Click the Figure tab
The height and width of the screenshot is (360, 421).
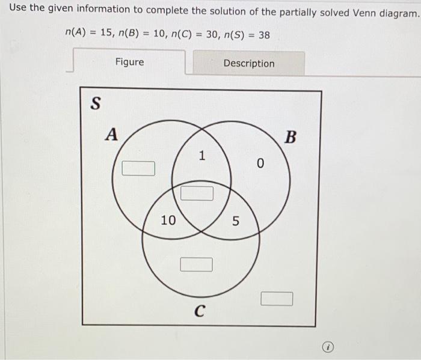tap(129, 62)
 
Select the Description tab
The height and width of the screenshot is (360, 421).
tap(248, 63)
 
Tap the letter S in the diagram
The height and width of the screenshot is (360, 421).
tap(94, 103)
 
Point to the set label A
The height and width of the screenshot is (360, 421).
tap(111, 134)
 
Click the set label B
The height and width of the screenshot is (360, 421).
tap(290, 138)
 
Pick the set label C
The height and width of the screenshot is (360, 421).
tap(199, 311)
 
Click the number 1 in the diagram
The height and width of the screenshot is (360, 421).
tap(202, 156)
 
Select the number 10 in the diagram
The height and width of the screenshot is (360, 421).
tap(168, 221)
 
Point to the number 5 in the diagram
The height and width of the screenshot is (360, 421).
tap(236, 222)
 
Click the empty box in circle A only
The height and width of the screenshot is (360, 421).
tap(138, 168)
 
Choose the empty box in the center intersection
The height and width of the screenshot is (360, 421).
tap(197, 193)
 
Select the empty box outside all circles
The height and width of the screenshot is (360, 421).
tap(277, 298)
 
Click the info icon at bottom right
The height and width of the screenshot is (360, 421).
tap(328, 347)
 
